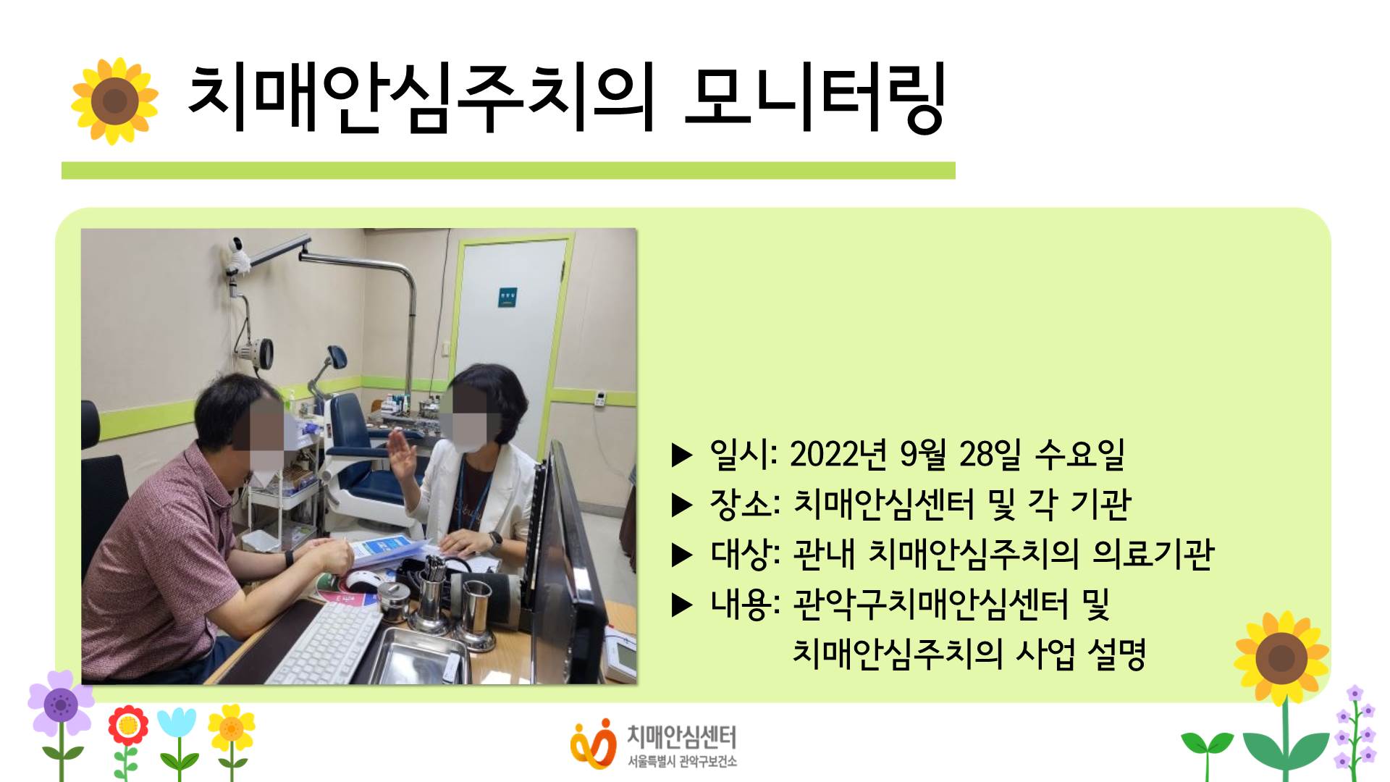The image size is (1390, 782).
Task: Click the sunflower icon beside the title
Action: [x=114, y=101]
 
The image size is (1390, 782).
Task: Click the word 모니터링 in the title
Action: [x=815, y=98]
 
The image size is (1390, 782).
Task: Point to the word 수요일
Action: [x=1080, y=454]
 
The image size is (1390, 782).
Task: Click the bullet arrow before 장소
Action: [x=682, y=505]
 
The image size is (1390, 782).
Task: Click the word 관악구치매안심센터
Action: [x=930, y=605]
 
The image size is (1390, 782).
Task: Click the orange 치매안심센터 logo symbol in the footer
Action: [x=591, y=744]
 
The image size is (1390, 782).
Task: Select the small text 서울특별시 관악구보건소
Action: [x=682, y=761]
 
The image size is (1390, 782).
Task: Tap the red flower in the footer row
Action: [x=128, y=726]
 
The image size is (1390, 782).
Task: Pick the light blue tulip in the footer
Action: [x=177, y=724]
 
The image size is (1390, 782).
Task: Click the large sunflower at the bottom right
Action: [x=1281, y=658]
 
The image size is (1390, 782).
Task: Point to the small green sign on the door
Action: [x=507, y=297]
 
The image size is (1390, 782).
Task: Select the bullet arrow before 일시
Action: [x=682, y=455]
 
